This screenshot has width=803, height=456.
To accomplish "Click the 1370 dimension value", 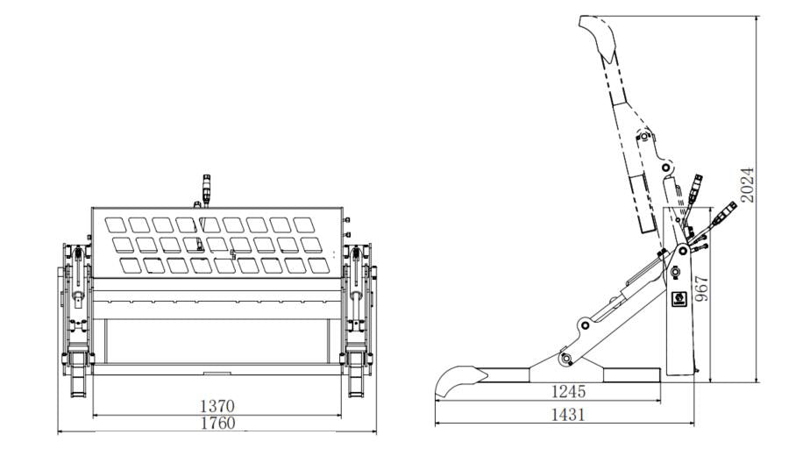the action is coord(217,406).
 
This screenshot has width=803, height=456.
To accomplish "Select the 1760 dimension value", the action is coord(217,423).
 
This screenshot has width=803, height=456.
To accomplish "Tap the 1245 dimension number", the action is coord(568,392).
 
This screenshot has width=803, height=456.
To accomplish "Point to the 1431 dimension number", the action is coord(568,414).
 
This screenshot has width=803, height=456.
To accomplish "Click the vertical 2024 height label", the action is coord(748,185).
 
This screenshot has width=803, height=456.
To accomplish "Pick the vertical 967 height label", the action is coord(701,289).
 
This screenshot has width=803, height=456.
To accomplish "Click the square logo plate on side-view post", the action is coord(679,299).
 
